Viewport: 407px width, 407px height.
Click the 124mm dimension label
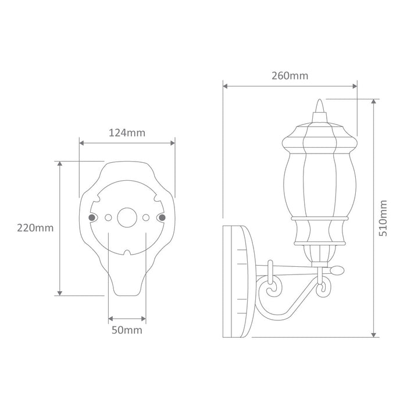127,133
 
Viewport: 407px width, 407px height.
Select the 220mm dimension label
35,228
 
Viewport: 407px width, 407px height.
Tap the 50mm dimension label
127,330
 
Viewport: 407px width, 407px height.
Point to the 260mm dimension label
290,76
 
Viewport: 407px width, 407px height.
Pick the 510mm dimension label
383,218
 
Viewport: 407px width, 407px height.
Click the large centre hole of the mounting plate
127,217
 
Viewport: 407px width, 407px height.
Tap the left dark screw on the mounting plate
92,217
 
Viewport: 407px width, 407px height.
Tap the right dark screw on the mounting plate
162,217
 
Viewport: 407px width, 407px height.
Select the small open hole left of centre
108,217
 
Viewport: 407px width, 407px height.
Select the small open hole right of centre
146,217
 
